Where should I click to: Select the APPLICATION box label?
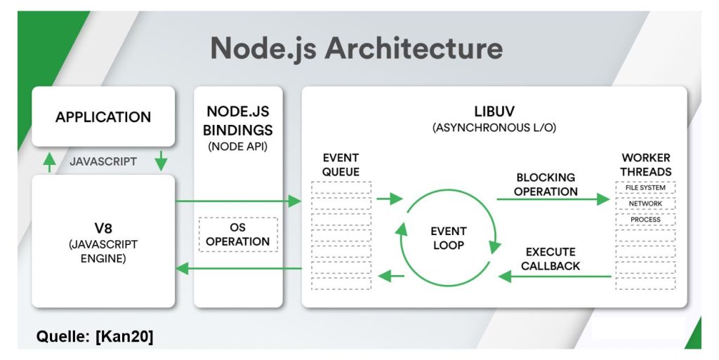point(103,117)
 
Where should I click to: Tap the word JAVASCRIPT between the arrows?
point(103,161)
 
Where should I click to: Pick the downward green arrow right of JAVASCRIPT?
point(161,161)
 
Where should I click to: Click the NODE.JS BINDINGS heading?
point(239,121)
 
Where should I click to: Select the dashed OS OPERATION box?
point(239,234)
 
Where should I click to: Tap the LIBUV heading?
point(494,112)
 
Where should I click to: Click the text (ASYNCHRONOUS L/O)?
point(494,128)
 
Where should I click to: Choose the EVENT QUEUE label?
point(341,164)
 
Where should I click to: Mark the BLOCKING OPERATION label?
point(546,184)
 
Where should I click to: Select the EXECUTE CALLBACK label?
point(550,258)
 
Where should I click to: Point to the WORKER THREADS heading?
point(645,164)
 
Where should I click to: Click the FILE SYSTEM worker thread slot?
point(645,188)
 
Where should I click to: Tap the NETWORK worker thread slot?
point(645,204)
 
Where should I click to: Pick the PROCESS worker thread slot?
point(645,220)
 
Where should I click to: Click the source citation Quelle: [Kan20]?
point(95,337)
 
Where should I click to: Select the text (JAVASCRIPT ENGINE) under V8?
point(103,251)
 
